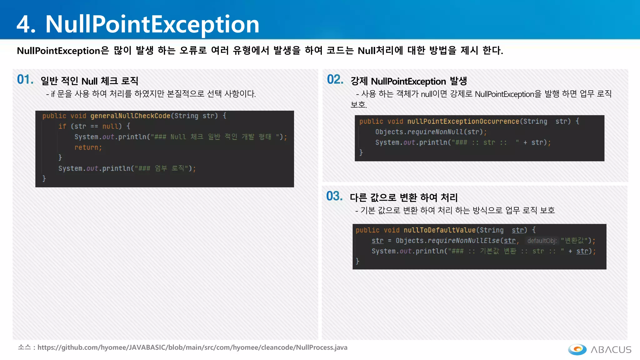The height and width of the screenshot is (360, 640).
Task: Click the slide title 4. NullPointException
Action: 138,24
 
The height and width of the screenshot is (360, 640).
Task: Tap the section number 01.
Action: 25,80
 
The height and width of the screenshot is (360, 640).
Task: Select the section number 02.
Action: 335,80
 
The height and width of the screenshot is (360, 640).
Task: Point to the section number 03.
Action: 334,196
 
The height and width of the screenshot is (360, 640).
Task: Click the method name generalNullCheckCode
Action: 130,116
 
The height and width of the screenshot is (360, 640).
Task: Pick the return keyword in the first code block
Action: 88,147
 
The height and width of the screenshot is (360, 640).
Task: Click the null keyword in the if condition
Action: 110,127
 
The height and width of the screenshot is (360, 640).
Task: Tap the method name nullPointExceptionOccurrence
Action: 463,122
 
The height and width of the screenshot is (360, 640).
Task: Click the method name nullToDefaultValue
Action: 439,230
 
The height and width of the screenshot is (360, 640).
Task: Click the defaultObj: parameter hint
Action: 542,241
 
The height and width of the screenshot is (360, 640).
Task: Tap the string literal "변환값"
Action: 574,241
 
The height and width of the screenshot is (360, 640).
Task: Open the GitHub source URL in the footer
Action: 192,347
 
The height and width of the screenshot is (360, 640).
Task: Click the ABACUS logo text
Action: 611,350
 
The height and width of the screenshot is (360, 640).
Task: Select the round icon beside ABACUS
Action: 577,349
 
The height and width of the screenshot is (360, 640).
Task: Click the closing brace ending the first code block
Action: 44,178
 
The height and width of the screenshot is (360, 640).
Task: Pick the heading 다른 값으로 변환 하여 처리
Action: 403,197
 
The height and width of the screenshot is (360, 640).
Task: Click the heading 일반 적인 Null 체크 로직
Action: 89,81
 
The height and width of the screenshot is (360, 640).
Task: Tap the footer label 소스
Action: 24,347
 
